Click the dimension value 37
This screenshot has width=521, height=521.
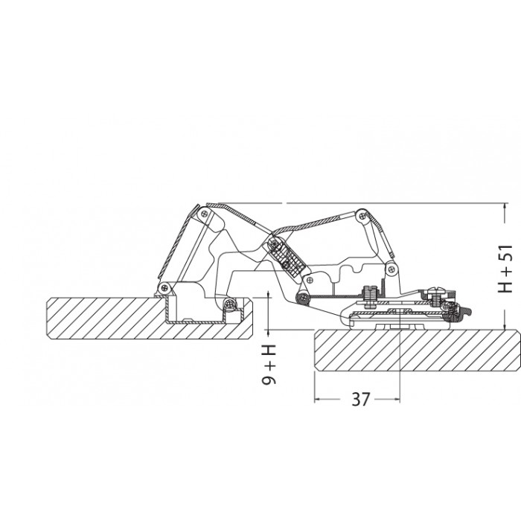[360, 399]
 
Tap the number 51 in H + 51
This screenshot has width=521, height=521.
[505, 254]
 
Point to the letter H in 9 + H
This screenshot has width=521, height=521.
[269, 351]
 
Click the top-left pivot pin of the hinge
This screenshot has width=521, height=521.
[203, 214]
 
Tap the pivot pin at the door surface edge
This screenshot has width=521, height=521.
[163, 288]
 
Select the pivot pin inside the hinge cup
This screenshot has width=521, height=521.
[228, 303]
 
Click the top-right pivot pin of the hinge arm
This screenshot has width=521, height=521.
[362, 216]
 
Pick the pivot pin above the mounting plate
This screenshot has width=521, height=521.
[391, 269]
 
